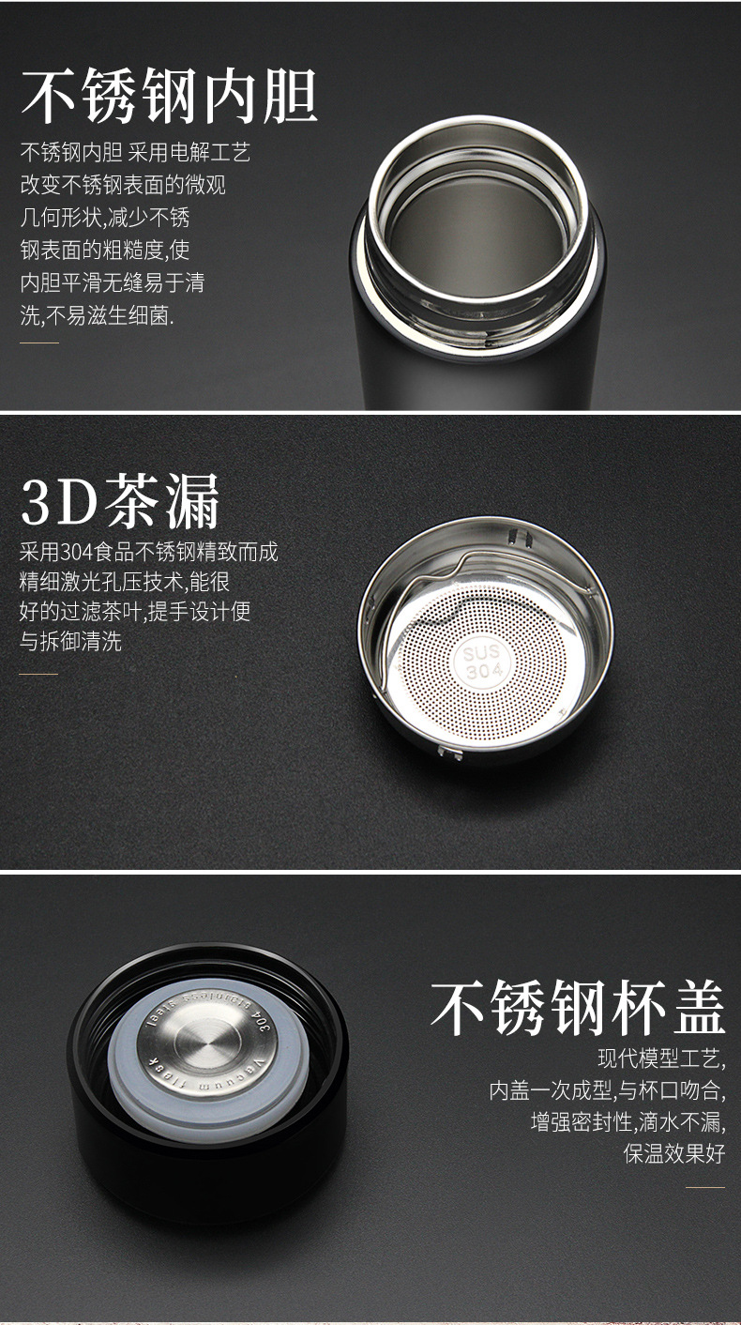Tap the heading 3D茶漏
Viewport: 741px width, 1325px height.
pyautogui.click(x=120, y=501)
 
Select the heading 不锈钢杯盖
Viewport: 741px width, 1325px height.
pyautogui.click(x=578, y=1008)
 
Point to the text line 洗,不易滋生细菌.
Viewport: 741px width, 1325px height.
pyautogui.click(x=98, y=315)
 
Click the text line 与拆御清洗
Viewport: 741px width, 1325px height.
pyautogui.click(x=70, y=642)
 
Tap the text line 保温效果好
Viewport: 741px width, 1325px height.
pyautogui.click(x=674, y=1153)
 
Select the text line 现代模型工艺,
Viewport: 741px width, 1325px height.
pyautogui.click(x=661, y=1059)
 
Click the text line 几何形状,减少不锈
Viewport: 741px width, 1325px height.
pyautogui.click(x=105, y=218)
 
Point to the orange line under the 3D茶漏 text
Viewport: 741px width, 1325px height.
pyautogui.click(x=38, y=674)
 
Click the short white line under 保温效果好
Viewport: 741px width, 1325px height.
pyautogui.click(x=704, y=1187)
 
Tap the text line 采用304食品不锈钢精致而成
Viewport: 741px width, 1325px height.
pyautogui.click(x=149, y=551)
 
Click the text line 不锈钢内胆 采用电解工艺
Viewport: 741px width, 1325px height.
pyautogui.click(x=135, y=152)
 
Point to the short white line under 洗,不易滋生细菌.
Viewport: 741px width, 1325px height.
pyautogui.click(x=38, y=343)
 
